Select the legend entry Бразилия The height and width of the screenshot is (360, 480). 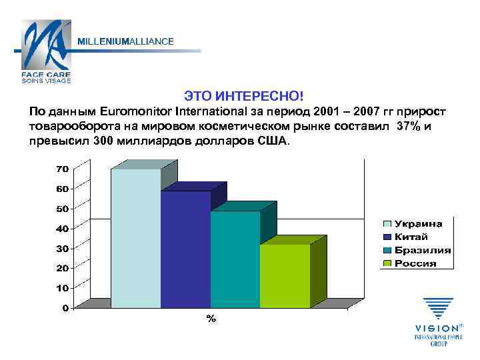421,250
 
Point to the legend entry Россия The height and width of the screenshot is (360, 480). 415,263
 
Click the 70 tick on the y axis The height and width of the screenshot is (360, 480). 61,169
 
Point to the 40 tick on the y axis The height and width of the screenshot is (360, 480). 61,229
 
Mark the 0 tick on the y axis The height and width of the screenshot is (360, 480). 65,308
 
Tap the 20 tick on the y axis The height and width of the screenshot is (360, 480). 61,268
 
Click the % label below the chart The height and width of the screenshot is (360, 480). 211,319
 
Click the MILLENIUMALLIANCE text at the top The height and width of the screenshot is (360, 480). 126,41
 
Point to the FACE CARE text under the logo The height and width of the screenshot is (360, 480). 46,75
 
